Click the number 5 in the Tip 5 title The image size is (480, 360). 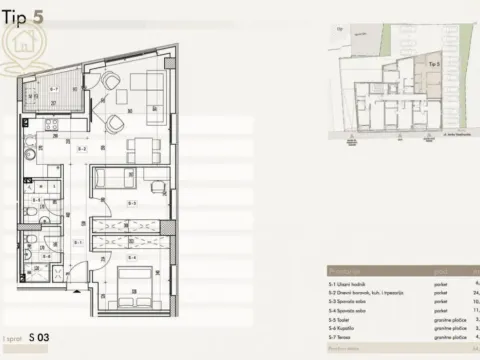pyautogui.click(x=37, y=17)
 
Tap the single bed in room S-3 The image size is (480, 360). pyautogui.click(x=115, y=181)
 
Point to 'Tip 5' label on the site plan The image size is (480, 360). pyautogui.click(x=434, y=62)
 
